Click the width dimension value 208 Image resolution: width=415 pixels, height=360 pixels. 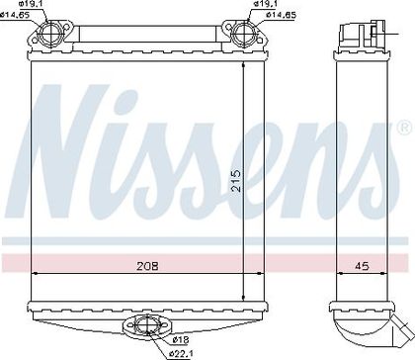click(x=147, y=266)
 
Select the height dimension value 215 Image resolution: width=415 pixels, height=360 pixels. click(x=236, y=181)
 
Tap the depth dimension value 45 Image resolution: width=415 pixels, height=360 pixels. click(x=362, y=266)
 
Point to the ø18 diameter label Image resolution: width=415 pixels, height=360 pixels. click(x=181, y=339)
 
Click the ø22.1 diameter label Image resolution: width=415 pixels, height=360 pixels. click(x=180, y=354)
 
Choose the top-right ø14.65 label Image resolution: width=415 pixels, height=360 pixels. click(x=281, y=15)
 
